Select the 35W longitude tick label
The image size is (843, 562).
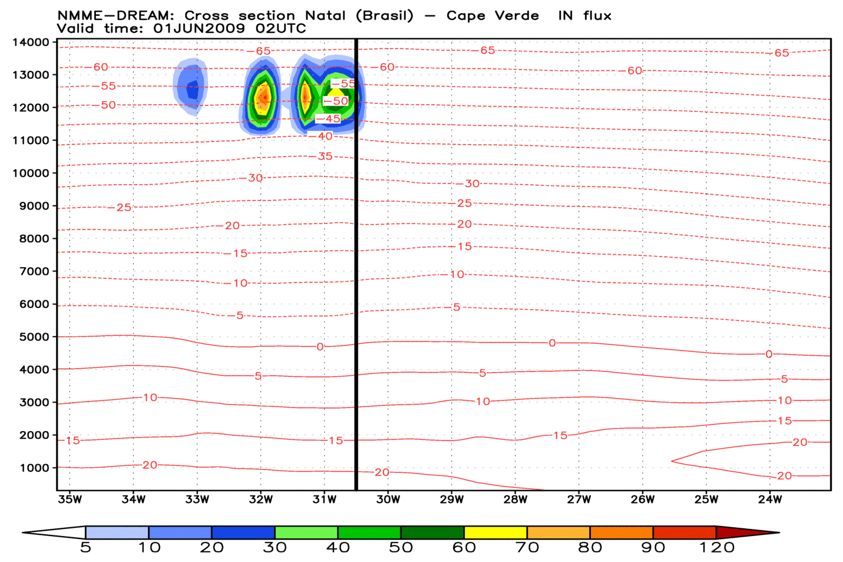coord(70,499)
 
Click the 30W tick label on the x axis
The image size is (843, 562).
coord(388,499)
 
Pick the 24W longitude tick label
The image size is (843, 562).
coord(770,499)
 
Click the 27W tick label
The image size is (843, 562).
coord(579,499)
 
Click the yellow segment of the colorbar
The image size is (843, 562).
coord(495,533)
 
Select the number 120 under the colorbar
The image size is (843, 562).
coord(717,548)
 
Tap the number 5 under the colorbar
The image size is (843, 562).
coord(86,548)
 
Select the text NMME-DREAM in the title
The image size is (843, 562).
coord(115,16)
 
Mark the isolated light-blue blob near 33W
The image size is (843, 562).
coord(191,86)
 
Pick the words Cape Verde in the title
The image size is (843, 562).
coord(492,16)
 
